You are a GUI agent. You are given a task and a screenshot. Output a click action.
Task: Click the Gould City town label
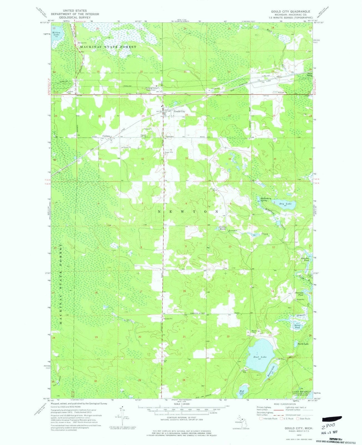click(x=179, y=111)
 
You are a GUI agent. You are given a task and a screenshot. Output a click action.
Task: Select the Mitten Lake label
click(x=56, y=34)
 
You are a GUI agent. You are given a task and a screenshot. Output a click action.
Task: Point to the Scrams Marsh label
click(x=222, y=228)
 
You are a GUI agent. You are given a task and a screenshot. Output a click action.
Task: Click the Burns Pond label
click(x=297, y=327)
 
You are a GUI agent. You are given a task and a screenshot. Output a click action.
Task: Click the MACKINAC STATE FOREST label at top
click(x=108, y=47)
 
